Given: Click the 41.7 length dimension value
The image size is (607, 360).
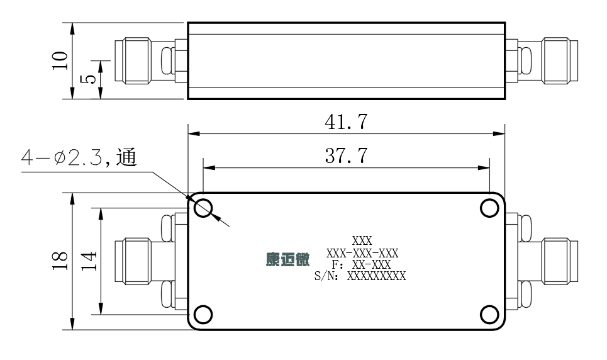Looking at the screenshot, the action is [346, 121].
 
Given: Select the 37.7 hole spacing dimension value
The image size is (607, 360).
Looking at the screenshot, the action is [346, 156].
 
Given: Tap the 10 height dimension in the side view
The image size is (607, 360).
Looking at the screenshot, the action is [60, 60].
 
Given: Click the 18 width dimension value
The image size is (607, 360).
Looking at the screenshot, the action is [60, 261].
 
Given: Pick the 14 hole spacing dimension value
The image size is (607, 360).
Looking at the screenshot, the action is [89, 261].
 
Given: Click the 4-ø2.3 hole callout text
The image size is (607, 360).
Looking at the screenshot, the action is [79, 157].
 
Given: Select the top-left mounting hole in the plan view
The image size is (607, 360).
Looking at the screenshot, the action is [203, 208].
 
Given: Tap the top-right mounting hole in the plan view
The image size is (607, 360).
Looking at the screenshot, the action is [489, 208].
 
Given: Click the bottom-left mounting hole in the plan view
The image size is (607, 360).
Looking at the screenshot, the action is [203, 314].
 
